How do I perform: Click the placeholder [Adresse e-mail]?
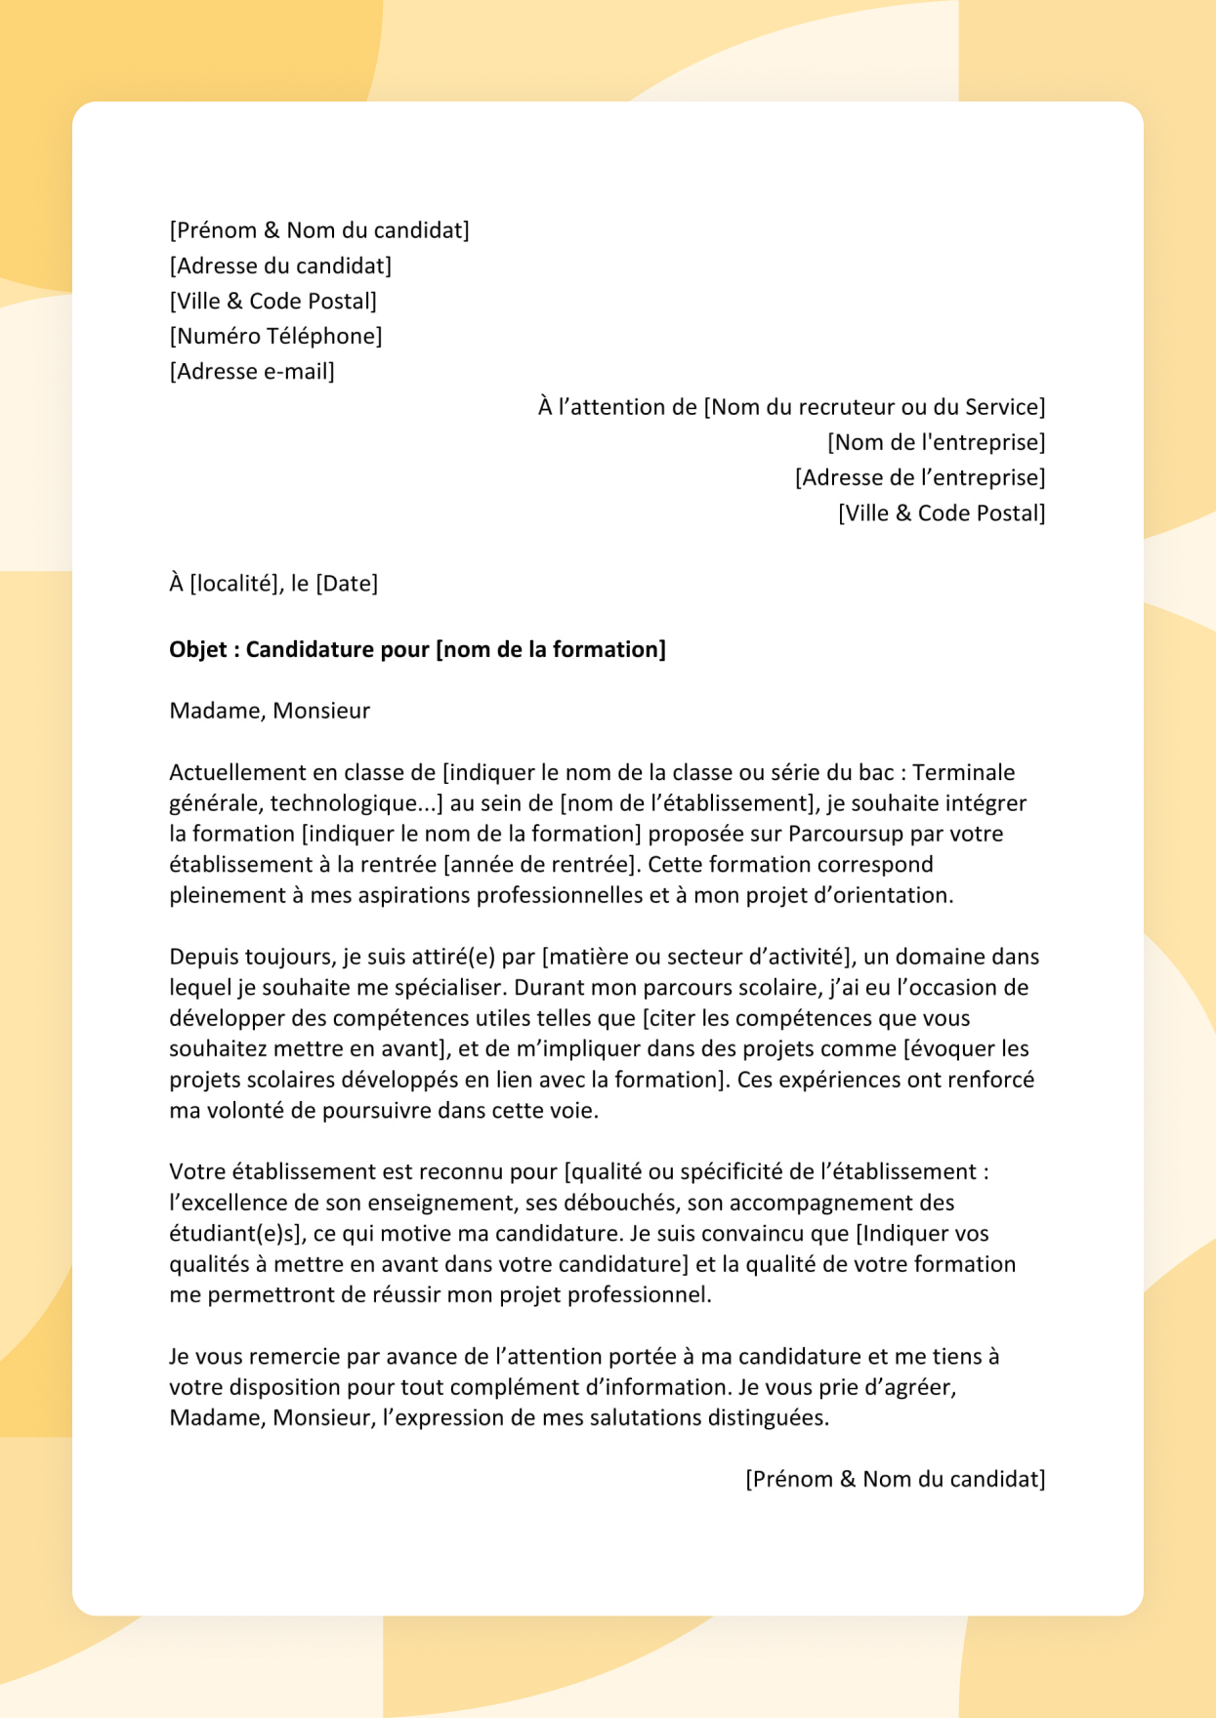pos(252,372)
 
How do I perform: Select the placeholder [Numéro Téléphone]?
pos(275,337)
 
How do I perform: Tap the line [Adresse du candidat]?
pos(280,266)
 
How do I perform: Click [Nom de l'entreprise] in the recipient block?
pos(936,443)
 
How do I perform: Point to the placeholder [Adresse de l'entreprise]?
pos(919,478)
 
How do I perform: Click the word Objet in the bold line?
pos(198,650)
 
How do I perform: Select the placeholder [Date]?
pos(347,584)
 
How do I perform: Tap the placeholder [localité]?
pos(235,584)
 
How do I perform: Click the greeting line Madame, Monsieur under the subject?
pos(270,711)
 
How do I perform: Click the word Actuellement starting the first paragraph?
pos(237,773)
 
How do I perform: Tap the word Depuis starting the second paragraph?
pos(202,957)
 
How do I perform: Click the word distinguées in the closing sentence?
pos(768,1418)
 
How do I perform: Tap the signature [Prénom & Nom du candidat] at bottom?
pos(895,1480)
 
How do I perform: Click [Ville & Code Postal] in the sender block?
pos(273,302)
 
